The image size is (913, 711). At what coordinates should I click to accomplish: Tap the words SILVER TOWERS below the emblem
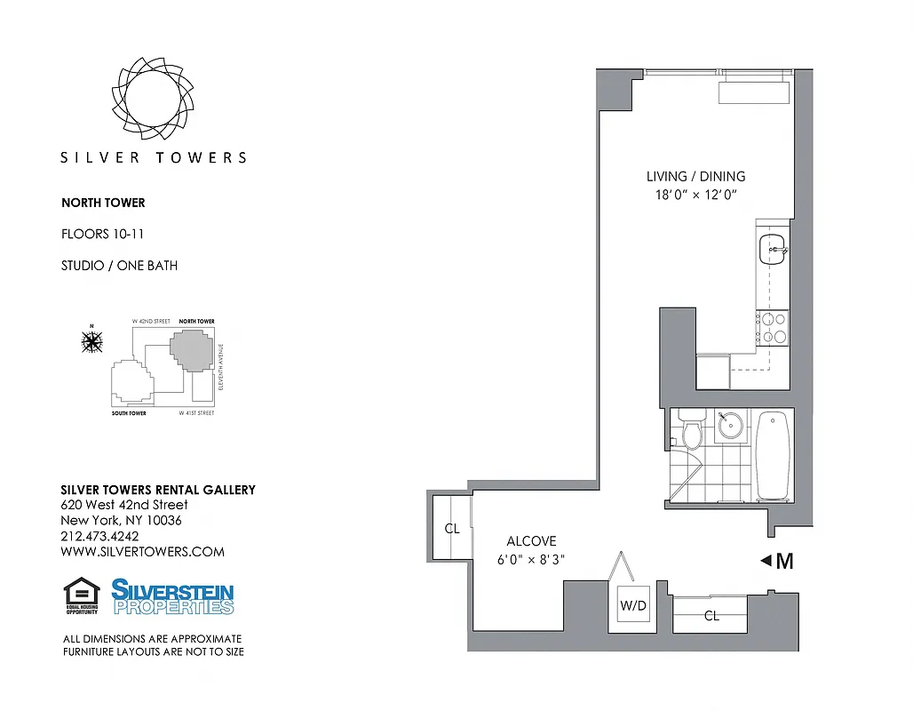153,157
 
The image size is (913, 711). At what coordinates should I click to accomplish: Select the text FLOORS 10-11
102,235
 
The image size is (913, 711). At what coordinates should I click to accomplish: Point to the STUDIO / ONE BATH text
119,265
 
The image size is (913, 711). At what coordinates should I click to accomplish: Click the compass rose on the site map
91,340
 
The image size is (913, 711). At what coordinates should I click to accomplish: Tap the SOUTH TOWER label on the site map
129,413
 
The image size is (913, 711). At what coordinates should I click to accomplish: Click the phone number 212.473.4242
99,536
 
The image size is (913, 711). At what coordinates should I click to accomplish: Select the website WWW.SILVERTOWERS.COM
142,551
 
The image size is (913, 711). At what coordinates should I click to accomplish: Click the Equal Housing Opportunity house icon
81,594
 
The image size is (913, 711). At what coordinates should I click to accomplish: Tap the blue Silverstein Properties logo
172,596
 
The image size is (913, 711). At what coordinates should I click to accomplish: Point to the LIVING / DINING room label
695,176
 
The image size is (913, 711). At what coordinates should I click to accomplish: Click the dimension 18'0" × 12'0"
695,195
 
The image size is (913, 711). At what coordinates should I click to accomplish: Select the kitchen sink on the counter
772,250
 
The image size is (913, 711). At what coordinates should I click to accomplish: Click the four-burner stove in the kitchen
772,327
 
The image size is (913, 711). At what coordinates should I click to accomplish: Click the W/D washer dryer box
633,607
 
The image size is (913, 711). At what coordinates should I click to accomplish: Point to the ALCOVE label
531,540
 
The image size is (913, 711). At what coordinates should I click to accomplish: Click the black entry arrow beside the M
766,561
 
